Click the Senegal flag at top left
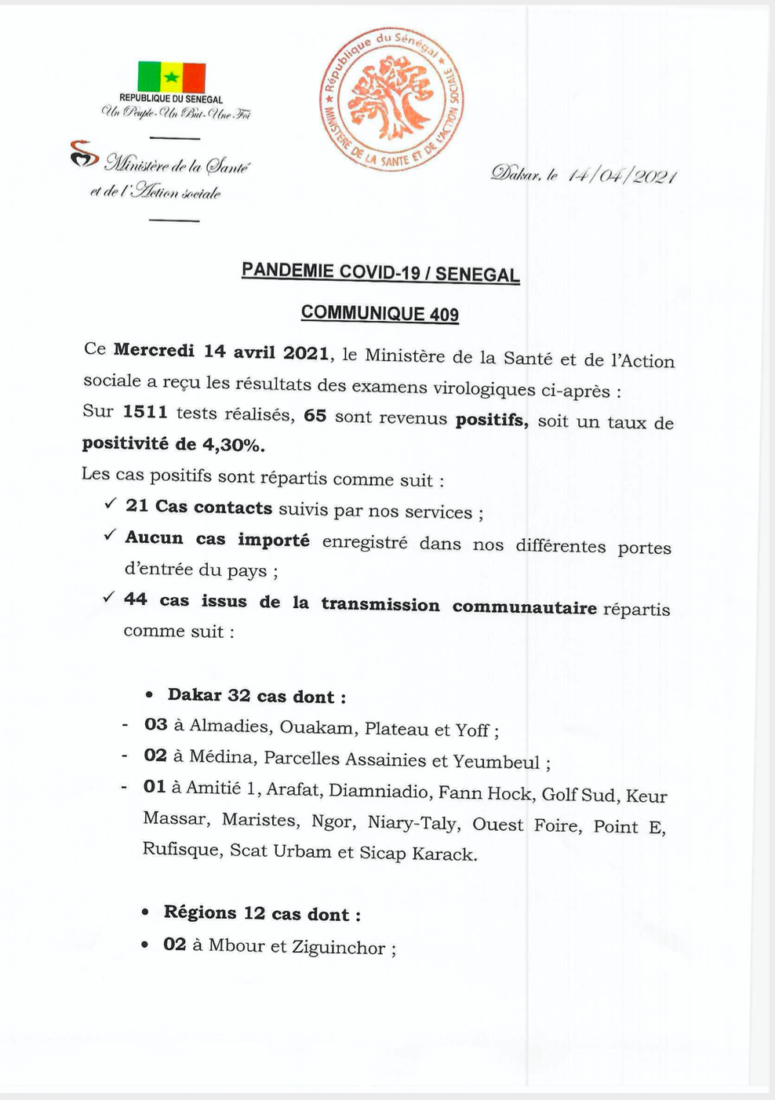coord(171,77)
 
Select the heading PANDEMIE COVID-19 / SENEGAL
coord(380,273)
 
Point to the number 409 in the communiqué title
coord(444,315)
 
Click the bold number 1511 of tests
coord(145,412)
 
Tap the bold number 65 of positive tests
coord(315,415)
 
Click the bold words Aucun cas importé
coord(217,540)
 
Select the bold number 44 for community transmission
coord(135,599)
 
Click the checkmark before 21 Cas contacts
coord(110,504)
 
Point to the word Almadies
coord(228,726)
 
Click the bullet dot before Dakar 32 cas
coord(150,696)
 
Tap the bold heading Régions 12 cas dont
coord(262,913)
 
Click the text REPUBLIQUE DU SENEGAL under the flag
coord(171,100)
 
